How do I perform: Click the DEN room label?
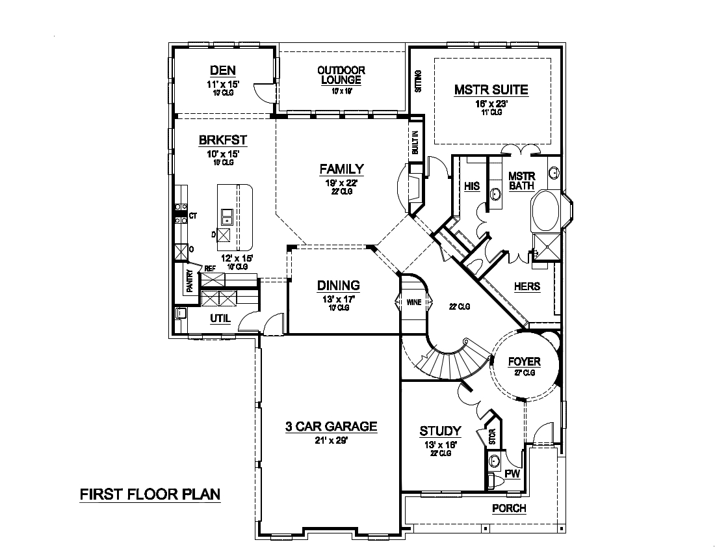tap(222, 71)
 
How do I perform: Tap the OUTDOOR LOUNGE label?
tap(341, 75)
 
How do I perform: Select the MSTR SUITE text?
tap(491, 90)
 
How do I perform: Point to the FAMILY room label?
tap(341, 169)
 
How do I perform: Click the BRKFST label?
tap(222, 140)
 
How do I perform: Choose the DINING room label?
tap(338, 285)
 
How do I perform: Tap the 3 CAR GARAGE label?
tap(331, 427)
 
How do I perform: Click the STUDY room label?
tap(440, 431)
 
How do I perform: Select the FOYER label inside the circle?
tap(524, 361)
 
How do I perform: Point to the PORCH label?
tap(508, 508)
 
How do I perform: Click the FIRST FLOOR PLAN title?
tap(150, 494)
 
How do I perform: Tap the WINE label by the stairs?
tap(413, 303)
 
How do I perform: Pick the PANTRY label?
tap(190, 282)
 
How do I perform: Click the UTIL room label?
tap(220, 318)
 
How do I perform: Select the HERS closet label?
tap(526, 286)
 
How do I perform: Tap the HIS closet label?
tap(472, 186)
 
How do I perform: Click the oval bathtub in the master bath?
tap(545, 210)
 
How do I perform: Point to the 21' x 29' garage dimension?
tap(331, 440)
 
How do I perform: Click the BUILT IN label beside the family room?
tap(415, 142)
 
